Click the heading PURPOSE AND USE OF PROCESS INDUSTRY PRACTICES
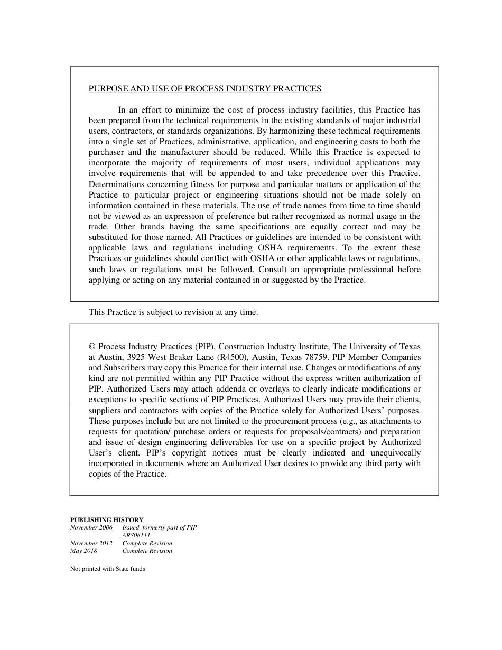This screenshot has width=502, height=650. [205, 89]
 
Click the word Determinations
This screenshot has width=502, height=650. [117, 184]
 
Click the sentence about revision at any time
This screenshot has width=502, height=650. [173, 312]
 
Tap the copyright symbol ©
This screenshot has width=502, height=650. [92, 347]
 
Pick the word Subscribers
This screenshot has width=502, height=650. [124, 368]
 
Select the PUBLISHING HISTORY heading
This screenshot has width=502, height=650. [107, 520]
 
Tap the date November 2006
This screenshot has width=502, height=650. [91, 528]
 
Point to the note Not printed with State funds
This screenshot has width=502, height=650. [107, 569]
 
